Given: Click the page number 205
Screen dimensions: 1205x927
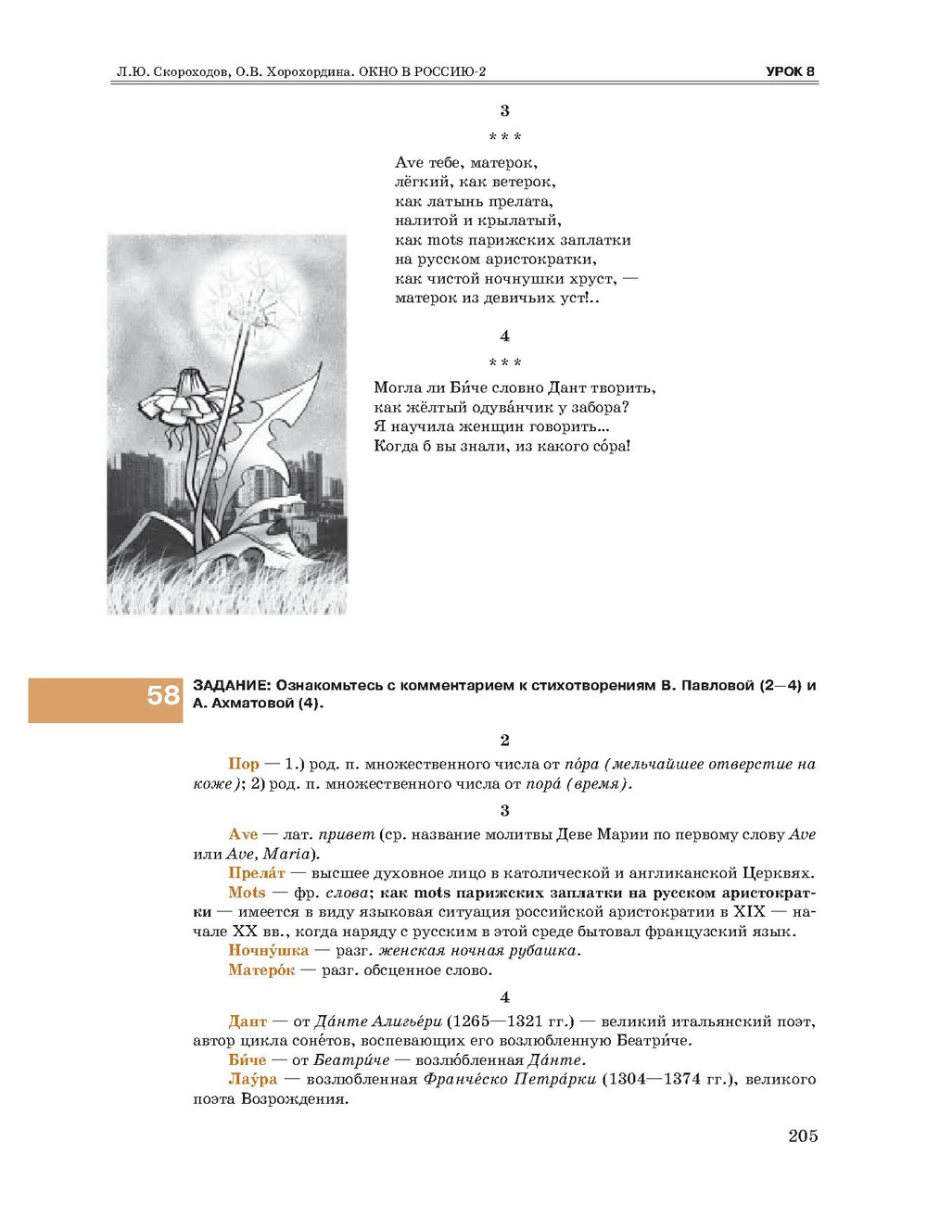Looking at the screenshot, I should click(x=803, y=1135).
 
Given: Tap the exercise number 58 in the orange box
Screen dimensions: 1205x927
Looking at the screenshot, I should click(x=163, y=695).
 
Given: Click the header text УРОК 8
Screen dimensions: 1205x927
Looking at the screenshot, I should click(x=790, y=71).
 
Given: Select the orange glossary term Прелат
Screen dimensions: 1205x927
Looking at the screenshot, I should click(x=257, y=873).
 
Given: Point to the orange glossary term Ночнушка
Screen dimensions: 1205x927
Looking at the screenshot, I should click(x=268, y=950).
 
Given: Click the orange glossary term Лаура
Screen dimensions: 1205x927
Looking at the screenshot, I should click(x=252, y=1079).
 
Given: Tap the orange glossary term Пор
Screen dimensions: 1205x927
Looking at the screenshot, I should click(x=243, y=764).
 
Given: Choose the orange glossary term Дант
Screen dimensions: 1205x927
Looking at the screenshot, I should click(x=248, y=1021).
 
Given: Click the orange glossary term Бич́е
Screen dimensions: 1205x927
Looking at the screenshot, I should click(x=247, y=1059).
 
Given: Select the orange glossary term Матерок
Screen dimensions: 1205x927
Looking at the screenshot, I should click(x=261, y=970).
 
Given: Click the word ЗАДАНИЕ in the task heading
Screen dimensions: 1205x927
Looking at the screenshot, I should click(x=231, y=686).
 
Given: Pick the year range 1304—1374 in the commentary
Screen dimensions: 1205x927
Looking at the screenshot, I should click(x=651, y=1079).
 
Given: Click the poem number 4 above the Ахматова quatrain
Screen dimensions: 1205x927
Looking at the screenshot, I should click(x=504, y=336).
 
